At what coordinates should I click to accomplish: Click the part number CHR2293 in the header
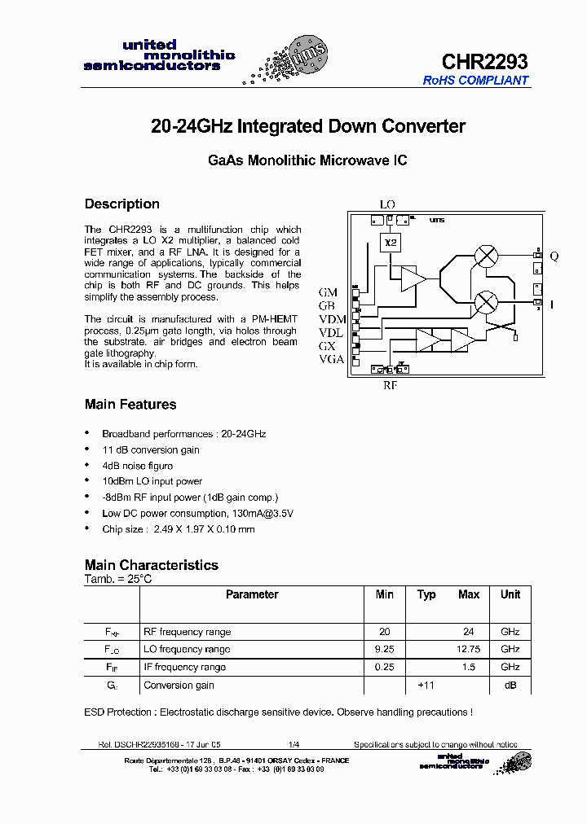coord(484,61)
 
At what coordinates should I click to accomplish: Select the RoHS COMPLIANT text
coord(475,81)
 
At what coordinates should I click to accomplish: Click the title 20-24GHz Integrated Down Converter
coord(308,126)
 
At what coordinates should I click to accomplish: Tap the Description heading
coord(122,204)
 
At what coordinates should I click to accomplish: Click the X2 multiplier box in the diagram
coord(391,243)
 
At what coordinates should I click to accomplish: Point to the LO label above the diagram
coord(387,204)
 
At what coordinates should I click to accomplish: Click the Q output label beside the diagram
coord(554,256)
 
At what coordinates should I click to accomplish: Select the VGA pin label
coord(331,359)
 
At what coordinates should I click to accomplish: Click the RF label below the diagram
coord(391,386)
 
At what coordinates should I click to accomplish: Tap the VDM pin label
coord(332,318)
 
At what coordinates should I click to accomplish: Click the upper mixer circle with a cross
coord(487,256)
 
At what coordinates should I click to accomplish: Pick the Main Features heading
coord(130,405)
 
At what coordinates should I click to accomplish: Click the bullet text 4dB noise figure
coord(137,466)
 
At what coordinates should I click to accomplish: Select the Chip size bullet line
coord(178,529)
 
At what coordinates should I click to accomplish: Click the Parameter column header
coord(252,594)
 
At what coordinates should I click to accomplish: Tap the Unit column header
coord(510,594)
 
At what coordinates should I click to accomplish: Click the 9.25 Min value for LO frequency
coord(385,649)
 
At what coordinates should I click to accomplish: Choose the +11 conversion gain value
coord(426,685)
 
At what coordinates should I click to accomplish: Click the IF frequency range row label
coord(184,667)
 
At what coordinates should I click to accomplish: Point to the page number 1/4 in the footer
coord(294,745)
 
